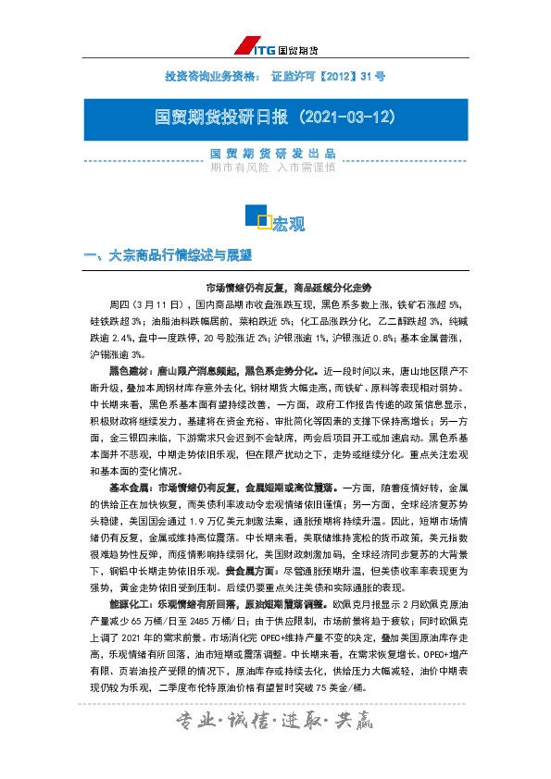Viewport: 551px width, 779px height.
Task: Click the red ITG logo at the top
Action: pos(249,45)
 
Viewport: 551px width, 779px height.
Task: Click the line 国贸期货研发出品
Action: pos(273,154)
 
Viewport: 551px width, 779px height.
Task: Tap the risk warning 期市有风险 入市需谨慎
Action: pos(273,168)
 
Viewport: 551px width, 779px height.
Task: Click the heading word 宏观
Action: pos(288,223)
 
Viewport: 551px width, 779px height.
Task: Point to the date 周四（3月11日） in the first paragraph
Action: pos(146,303)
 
